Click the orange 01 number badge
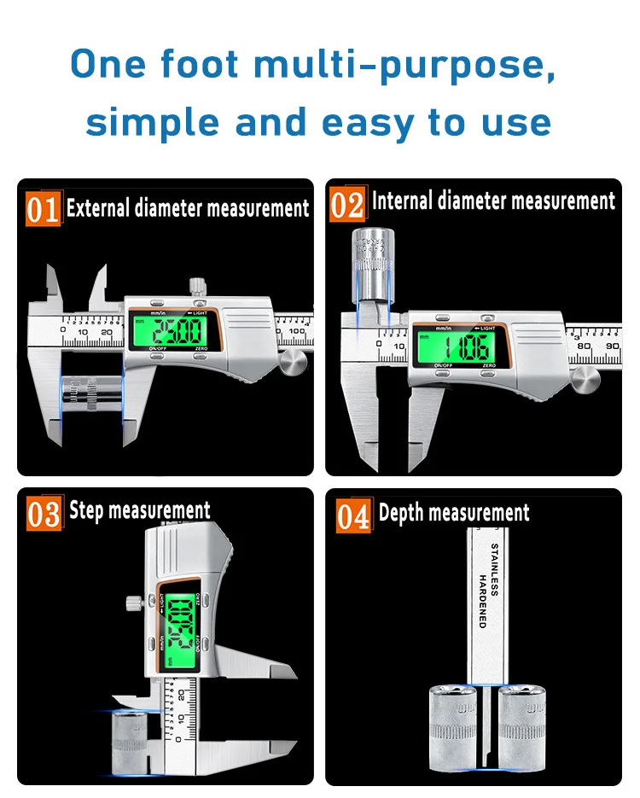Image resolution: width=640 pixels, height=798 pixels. click(x=43, y=208)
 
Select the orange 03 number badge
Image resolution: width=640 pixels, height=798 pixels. click(x=44, y=514)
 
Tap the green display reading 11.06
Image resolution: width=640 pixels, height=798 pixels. click(x=459, y=346)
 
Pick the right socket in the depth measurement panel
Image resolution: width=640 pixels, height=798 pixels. click(x=523, y=725)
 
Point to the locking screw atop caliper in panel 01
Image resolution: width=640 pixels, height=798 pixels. click(x=198, y=286)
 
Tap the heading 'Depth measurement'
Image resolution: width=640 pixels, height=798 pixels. click(x=454, y=513)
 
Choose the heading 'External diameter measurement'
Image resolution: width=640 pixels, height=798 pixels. click(x=188, y=207)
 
